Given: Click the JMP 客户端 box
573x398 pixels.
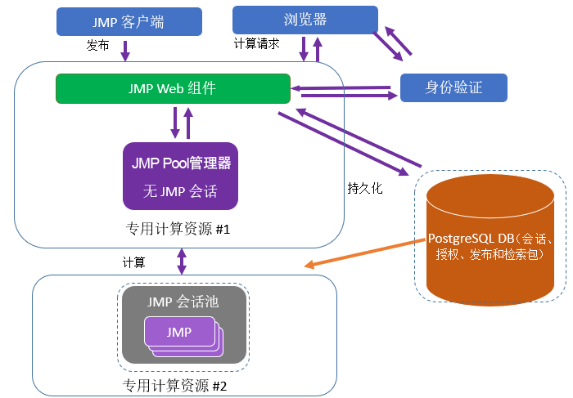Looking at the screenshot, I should coord(129,22).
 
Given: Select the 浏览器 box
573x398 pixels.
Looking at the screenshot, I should coord(305,20).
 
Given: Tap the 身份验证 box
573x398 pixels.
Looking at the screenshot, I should coord(453,87).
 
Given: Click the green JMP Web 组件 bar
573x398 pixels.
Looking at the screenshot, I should coord(173,88).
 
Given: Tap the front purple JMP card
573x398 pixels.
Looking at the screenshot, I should coord(178,332).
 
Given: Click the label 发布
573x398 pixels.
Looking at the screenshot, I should coord(97,47).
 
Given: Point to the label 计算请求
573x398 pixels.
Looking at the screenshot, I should coord(257,44).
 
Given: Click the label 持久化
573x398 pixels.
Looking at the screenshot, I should coord(364,188).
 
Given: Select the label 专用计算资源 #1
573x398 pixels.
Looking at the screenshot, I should coord(178,229).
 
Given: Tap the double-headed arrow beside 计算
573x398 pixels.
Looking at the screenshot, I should coord(182,262).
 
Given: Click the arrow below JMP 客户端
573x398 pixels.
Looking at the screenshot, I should coord(125,50).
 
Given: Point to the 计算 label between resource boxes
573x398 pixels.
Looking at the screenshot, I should coord(134,262).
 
